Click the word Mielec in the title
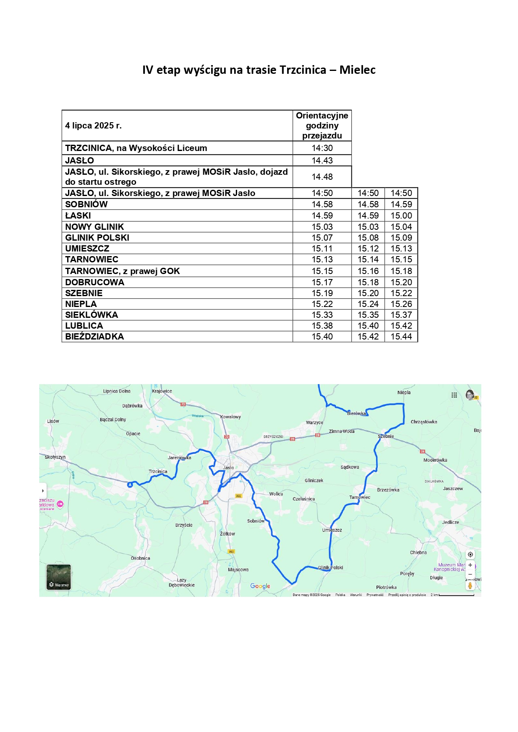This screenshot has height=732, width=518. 357,70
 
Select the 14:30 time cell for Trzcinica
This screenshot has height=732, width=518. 322,148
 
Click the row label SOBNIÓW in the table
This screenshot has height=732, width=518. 86,204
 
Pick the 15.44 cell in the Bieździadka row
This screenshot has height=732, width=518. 401,337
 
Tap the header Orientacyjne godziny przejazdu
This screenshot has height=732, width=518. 322,126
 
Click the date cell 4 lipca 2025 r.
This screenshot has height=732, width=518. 93,126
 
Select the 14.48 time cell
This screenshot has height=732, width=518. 322,177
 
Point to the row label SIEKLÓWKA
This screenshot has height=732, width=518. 91,315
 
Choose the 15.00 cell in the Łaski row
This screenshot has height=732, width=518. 401,216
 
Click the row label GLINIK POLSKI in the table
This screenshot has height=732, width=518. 97,238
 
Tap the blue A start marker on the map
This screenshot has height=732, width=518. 130,484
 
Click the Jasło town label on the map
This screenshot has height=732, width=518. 228,468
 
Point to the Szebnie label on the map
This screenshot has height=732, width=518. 386,436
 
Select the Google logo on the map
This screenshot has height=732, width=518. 260,586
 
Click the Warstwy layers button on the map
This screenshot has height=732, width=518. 58,577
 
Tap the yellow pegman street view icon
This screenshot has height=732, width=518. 470,586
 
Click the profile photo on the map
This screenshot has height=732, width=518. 470,395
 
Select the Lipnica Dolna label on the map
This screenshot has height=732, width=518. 117,391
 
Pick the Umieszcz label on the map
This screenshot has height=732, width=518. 332,530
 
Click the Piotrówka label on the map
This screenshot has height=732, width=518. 386,587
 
